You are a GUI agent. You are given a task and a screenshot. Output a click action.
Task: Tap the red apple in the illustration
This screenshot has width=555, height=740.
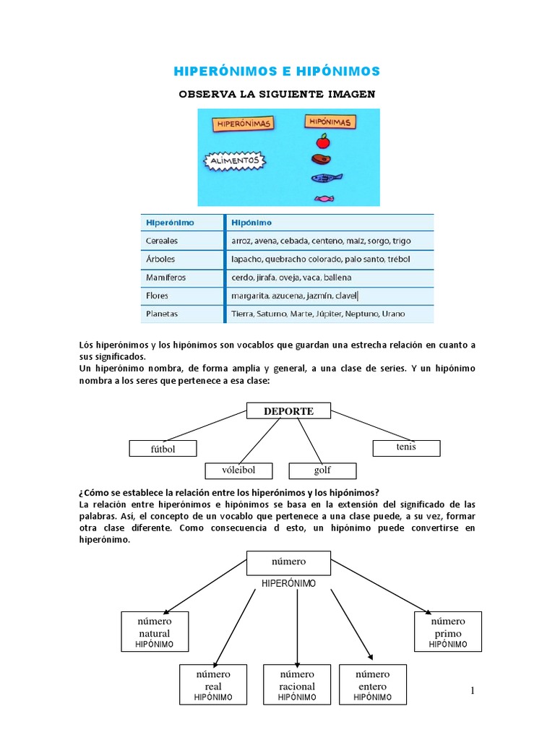(x=323, y=140)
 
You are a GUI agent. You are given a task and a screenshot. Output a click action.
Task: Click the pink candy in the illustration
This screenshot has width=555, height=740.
(x=323, y=197)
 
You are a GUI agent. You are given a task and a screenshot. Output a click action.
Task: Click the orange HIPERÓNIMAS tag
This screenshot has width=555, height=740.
(x=244, y=124)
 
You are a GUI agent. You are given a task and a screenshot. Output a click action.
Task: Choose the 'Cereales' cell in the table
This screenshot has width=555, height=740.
(x=162, y=241)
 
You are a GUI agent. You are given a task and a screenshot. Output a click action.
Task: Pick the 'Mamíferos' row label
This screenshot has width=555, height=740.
(x=166, y=277)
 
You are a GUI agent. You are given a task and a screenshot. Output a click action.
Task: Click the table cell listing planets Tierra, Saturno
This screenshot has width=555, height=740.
(x=318, y=314)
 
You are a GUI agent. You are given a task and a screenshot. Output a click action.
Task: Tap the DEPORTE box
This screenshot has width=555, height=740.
(x=288, y=411)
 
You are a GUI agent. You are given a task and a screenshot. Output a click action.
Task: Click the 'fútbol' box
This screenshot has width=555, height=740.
(x=163, y=449)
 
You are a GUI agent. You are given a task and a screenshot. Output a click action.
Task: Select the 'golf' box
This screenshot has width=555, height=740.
(x=322, y=470)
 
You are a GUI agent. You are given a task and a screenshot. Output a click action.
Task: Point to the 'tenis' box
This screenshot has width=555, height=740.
(x=406, y=448)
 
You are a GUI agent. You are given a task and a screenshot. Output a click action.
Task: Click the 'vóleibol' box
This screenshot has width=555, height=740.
(x=238, y=470)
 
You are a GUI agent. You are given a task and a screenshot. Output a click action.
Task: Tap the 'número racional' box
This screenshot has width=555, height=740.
(x=296, y=684)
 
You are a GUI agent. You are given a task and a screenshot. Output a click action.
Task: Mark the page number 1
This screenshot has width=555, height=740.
(x=473, y=692)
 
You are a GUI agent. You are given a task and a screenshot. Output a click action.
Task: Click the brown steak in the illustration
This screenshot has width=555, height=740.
(x=322, y=160)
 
